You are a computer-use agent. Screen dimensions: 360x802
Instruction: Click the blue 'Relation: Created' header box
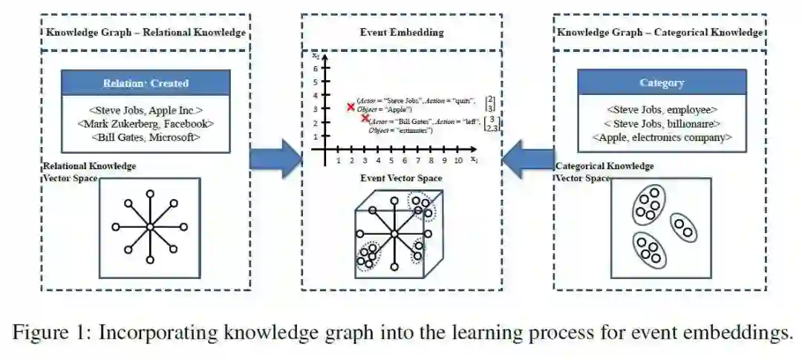coord(146,83)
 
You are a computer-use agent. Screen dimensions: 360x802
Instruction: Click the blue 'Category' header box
coord(661,83)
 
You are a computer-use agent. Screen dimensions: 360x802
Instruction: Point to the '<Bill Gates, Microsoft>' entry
coord(146,137)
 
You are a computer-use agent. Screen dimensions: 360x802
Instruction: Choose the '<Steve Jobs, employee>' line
coord(661,109)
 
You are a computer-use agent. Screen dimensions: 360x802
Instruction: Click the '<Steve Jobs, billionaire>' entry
coord(661,123)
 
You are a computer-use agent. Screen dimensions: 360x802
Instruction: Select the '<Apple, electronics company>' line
coord(661,137)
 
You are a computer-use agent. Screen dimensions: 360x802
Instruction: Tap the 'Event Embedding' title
coord(401,32)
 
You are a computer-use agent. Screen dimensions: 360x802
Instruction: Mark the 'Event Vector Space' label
coord(401,178)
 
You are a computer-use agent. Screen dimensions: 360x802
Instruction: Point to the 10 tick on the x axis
coord(458,160)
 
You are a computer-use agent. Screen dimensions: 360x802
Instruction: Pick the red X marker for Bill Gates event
coord(365,119)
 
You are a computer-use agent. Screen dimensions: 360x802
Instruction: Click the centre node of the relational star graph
coord(149,227)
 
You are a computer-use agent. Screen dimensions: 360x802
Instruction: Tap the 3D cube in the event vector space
coord(394,234)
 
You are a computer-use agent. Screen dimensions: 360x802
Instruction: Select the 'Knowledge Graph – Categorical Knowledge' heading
coord(660,33)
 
